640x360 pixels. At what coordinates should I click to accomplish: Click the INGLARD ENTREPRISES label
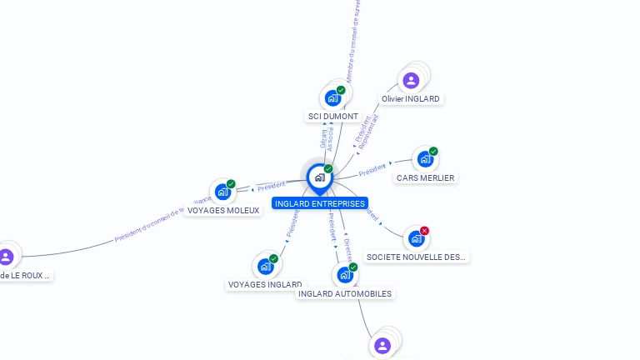pos(319,203)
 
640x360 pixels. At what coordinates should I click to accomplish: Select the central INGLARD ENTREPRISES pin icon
pos(319,177)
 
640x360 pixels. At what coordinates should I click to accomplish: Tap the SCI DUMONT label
pos(332,117)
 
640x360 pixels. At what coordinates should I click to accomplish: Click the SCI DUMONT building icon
pos(332,97)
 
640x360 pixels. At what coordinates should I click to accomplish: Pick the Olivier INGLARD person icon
pos(410,81)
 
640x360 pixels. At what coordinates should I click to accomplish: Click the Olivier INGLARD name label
pos(410,98)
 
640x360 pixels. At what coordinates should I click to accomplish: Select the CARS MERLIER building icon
pos(425,159)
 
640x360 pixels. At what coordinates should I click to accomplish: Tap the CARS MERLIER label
pos(426,178)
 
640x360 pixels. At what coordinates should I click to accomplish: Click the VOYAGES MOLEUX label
pos(222,211)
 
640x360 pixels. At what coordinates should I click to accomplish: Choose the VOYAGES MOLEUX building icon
pos(222,192)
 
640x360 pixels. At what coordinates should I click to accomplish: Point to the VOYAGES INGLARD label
pos(264,285)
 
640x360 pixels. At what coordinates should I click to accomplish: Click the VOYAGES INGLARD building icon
pos(265,267)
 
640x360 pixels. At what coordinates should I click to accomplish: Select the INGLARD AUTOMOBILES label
pos(344,293)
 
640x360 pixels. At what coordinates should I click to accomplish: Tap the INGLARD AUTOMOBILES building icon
pos(344,275)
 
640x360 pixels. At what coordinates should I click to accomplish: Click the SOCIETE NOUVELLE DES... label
pos(417,257)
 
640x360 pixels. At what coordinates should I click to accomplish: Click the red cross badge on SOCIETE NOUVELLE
pos(425,231)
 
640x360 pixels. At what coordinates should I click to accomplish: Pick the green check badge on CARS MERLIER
pos(433,152)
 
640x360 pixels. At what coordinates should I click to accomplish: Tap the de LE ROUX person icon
pos(6,257)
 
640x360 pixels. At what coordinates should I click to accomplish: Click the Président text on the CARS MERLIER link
pos(372,170)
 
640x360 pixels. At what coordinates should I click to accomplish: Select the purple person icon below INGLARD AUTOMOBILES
pos(382,345)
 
